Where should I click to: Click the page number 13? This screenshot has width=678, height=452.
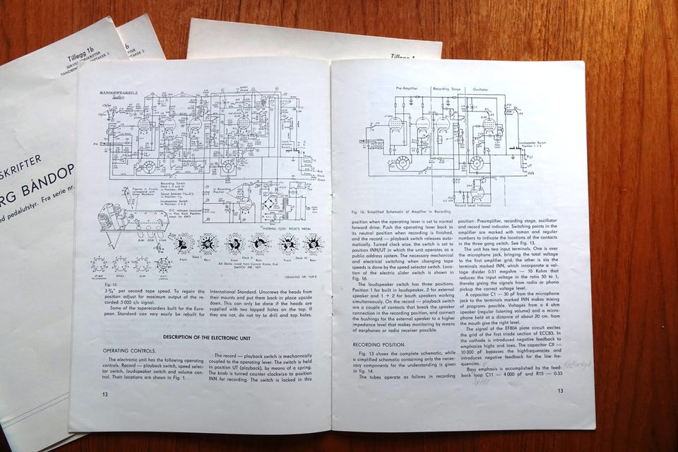tap(560, 391)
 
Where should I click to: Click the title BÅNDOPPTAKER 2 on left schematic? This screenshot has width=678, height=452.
tap(117, 92)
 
